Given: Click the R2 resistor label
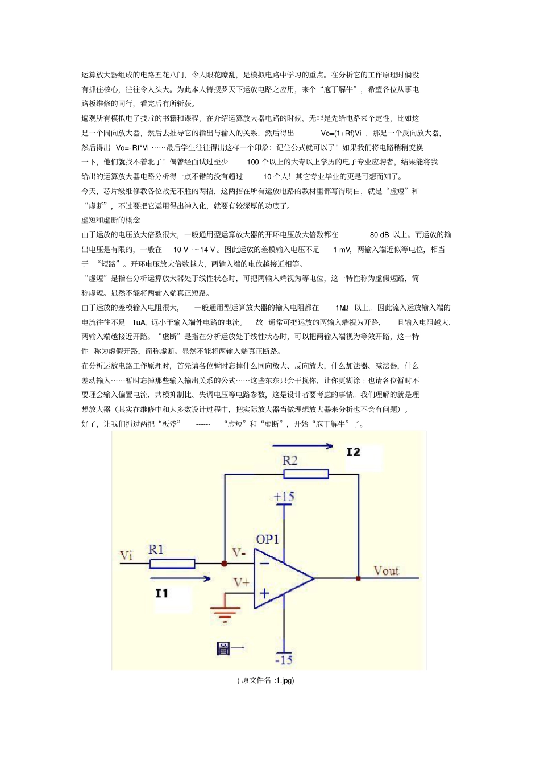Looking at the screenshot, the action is (x=290, y=460).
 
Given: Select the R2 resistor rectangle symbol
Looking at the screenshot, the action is (x=306, y=474).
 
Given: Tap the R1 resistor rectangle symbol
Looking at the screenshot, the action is (x=172, y=564).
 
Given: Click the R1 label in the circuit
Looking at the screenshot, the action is (x=156, y=549).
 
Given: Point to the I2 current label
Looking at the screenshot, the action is (x=353, y=452).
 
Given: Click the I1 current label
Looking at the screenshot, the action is (x=162, y=593).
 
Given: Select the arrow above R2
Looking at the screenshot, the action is (x=302, y=446).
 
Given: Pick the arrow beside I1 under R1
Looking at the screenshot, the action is (x=181, y=578).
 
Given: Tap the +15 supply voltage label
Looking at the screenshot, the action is (x=284, y=497).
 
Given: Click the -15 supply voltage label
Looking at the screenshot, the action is (x=284, y=660).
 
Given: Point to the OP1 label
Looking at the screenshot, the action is (x=267, y=539).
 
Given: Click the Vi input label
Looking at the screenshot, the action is (x=126, y=555).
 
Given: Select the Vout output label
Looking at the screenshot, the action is (x=386, y=570).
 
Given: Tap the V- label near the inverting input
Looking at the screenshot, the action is (x=239, y=553).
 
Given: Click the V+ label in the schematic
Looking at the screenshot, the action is (x=242, y=582).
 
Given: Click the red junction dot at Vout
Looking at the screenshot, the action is (x=358, y=578).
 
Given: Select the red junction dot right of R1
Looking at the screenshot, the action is (x=225, y=564).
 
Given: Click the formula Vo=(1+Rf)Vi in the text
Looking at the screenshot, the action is (x=341, y=133).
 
